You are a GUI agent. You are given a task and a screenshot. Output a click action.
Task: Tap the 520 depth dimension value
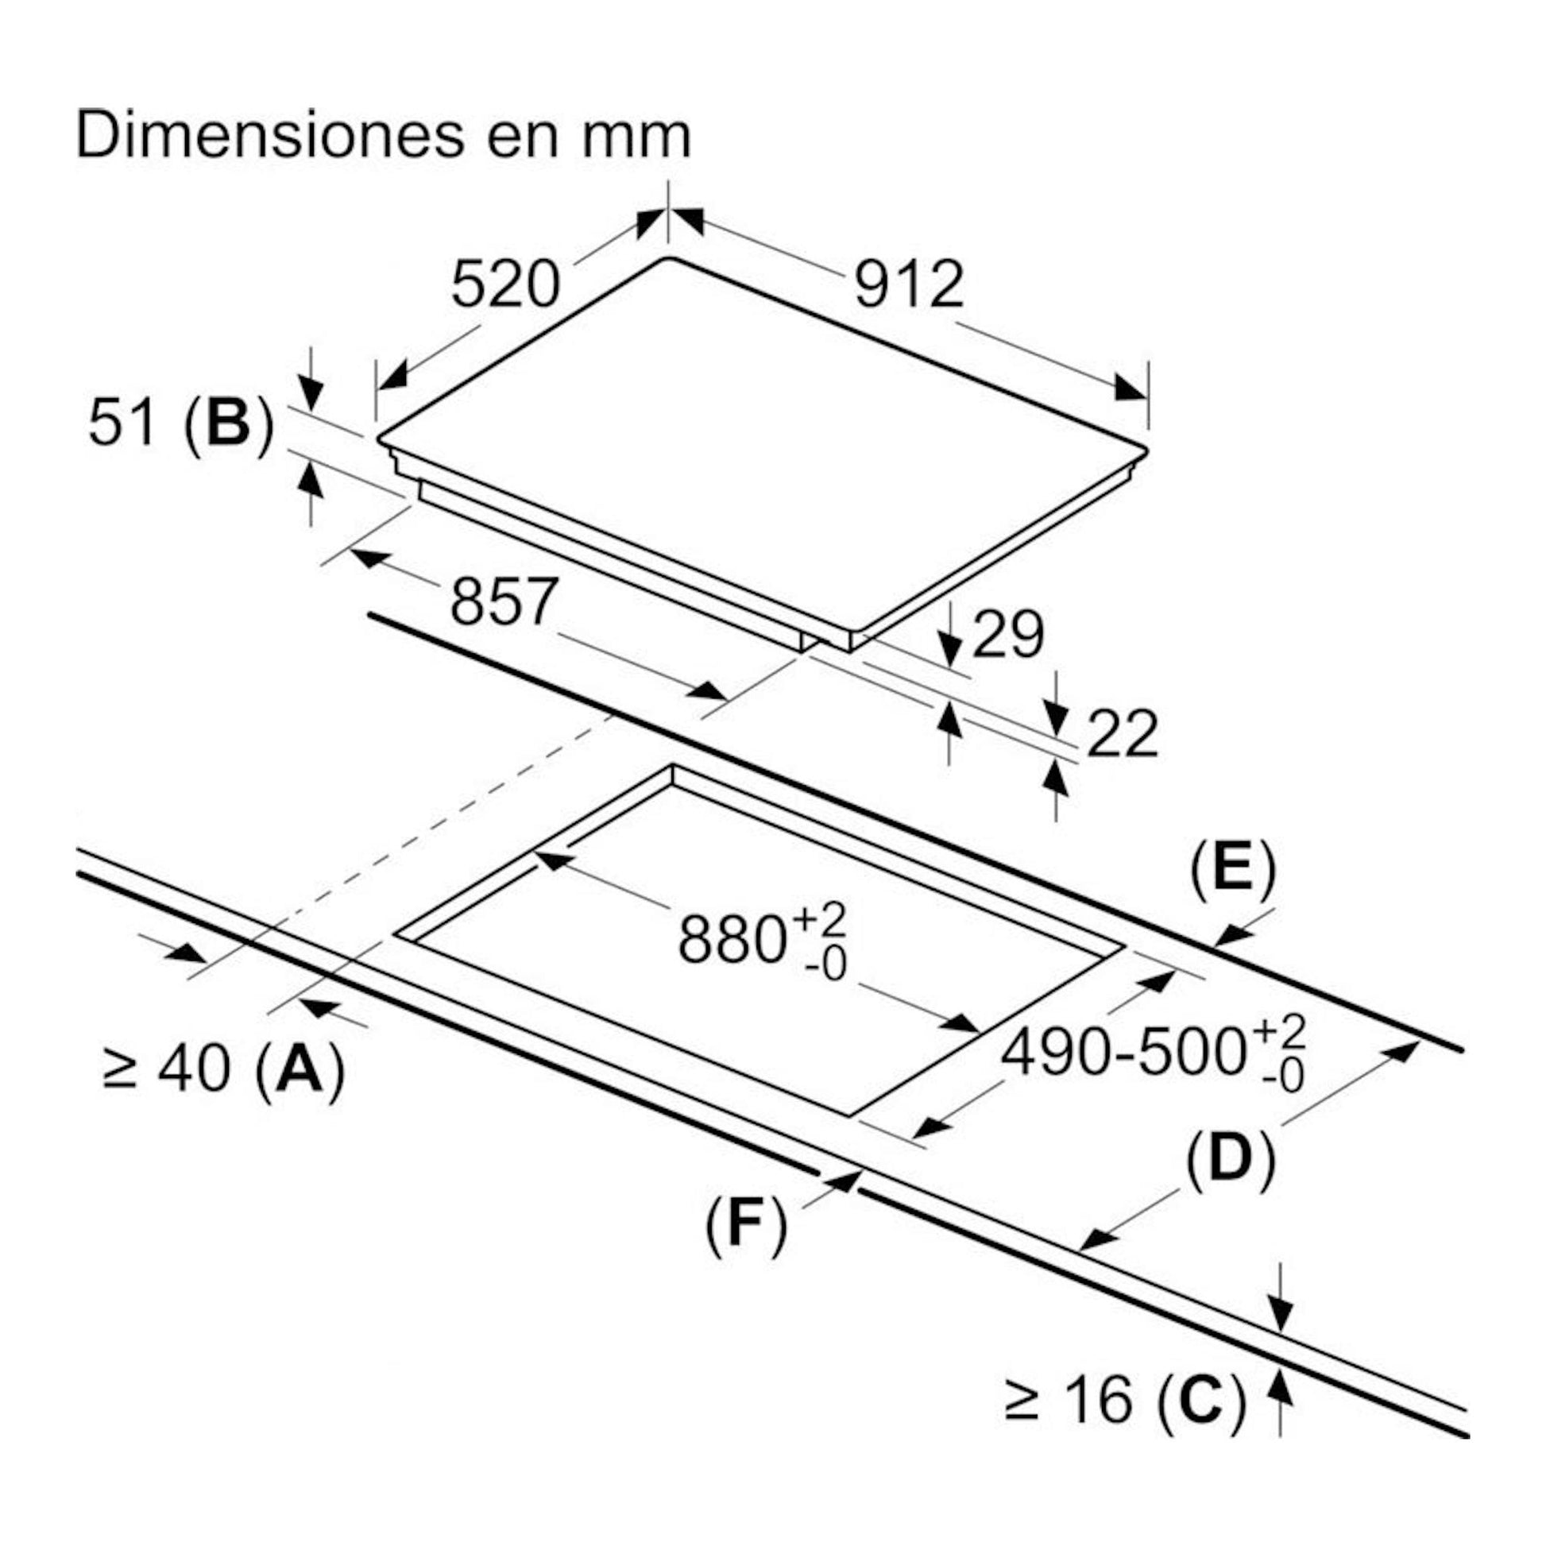505,285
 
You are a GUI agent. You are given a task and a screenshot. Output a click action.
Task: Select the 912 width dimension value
909,285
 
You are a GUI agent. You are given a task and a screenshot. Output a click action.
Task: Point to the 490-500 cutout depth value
1123,1053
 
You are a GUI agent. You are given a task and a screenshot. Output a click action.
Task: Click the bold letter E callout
1233,867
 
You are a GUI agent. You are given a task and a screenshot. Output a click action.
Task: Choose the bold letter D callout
1230,1158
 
